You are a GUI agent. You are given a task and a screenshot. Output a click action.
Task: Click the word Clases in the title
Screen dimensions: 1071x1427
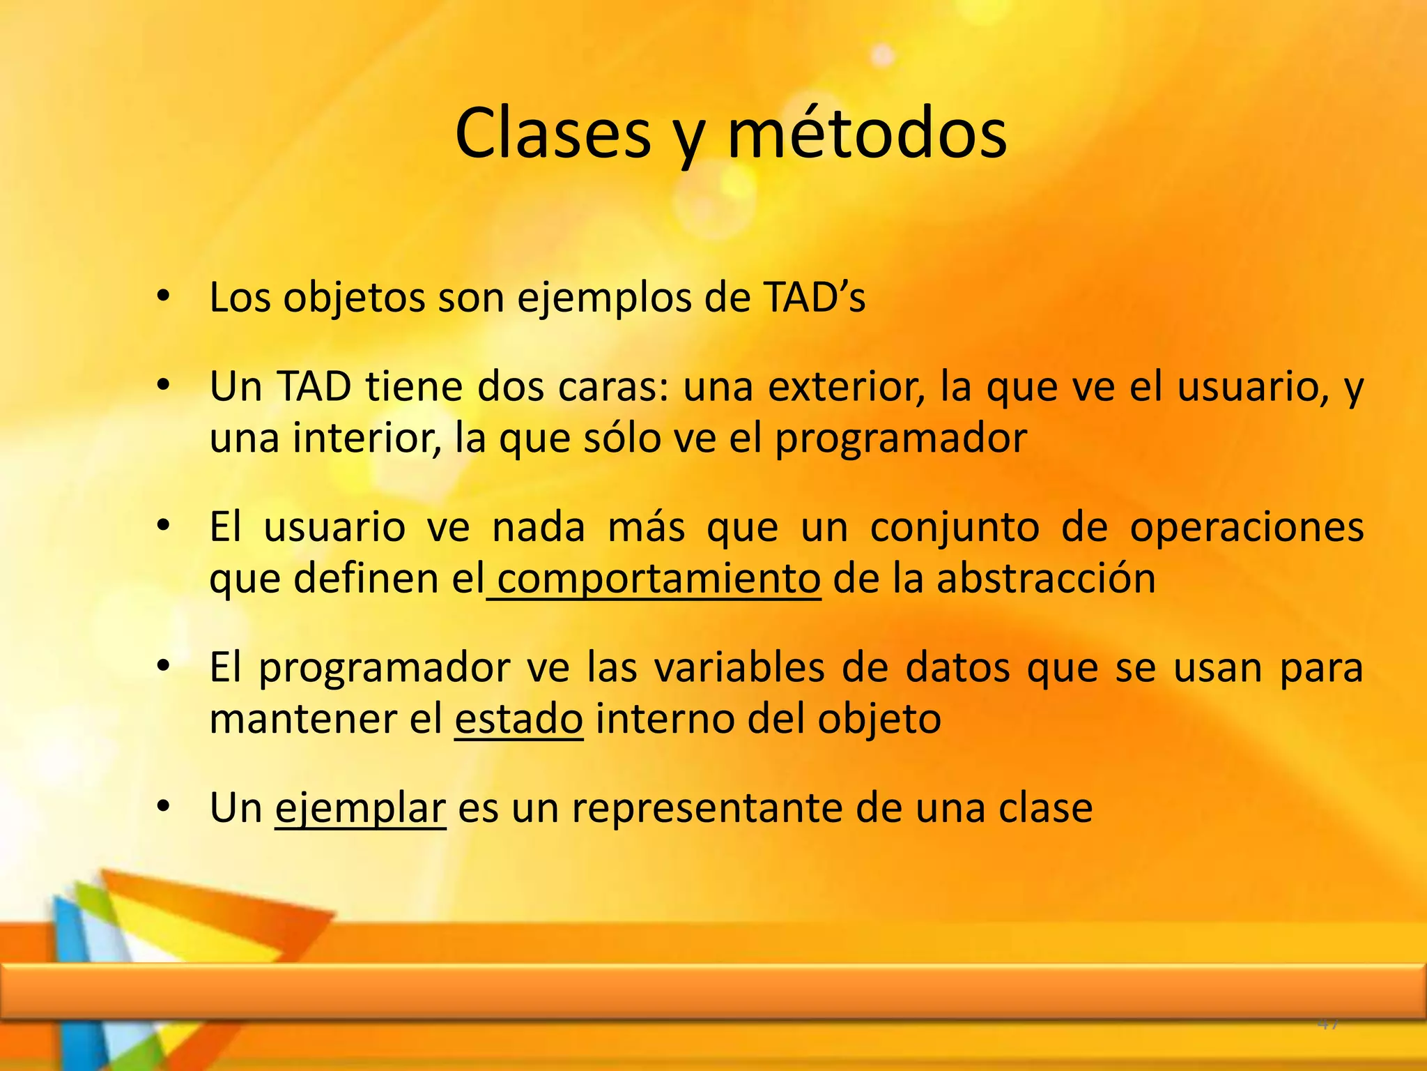pyautogui.click(x=553, y=134)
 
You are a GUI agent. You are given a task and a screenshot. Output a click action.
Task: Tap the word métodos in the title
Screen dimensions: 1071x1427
pyautogui.click(x=867, y=134)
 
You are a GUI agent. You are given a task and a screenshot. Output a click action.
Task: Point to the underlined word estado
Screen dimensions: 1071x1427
pyautogui.click(x=518, y=719)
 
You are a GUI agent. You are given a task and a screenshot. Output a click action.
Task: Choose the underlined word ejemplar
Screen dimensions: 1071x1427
pyautogui.click(x=360, y=809)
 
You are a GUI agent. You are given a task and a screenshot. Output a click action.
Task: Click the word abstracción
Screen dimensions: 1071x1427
pyautogui.click(x=1046, y=579)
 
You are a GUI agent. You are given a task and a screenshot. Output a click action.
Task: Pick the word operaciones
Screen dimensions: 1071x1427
pyautogui.click(x=1247, y=527)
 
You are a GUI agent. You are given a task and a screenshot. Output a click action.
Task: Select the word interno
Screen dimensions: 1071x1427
pyautogui.click(x=664, y=719)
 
